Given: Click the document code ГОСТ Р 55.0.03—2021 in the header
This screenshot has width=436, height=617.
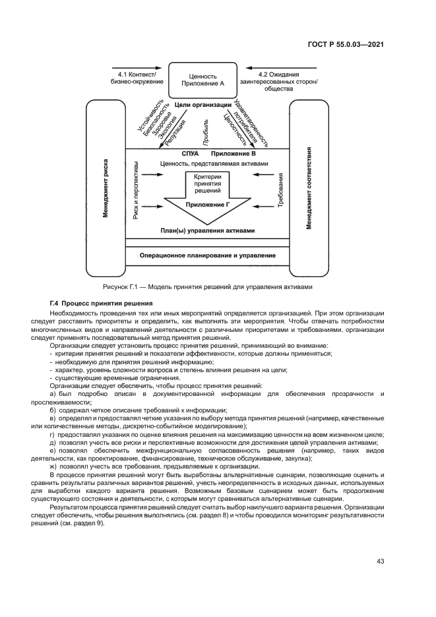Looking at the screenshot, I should pos(346,45).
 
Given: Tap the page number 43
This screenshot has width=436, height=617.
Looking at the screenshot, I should pos(381,561).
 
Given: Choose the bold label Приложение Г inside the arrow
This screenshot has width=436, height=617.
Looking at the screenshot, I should pos(207,205).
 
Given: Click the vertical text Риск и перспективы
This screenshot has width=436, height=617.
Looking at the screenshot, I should pos(136,189).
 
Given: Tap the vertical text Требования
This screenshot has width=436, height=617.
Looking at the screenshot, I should pos(280,191).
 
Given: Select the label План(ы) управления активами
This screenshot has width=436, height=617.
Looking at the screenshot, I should pos(207,230).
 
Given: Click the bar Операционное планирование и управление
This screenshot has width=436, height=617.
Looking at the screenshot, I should pos(207,255).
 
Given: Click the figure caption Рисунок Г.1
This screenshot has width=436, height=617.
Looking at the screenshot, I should pos(206,287).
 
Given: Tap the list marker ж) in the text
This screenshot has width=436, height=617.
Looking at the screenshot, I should pos(53,466).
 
